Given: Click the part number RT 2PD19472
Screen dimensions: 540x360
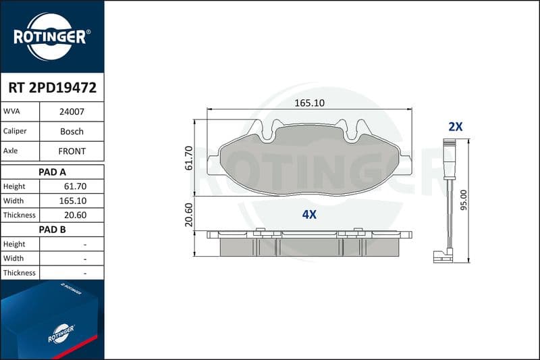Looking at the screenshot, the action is point(53,88).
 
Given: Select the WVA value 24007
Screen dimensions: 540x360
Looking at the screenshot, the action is point(72,111).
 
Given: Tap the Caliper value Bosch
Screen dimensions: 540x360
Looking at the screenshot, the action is point(72,131).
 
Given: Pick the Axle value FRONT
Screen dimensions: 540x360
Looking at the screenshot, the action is point(72,151).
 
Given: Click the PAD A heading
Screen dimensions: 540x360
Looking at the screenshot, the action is point(53,172).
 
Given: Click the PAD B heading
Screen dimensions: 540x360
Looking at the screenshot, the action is point(53,230).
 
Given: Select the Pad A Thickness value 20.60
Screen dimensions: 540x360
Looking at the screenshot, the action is point(75,215).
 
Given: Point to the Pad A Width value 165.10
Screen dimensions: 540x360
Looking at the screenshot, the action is point(73,201).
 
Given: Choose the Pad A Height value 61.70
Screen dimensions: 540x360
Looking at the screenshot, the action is point(75,186).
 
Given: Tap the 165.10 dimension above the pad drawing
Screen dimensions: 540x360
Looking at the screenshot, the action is point(309,103).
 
